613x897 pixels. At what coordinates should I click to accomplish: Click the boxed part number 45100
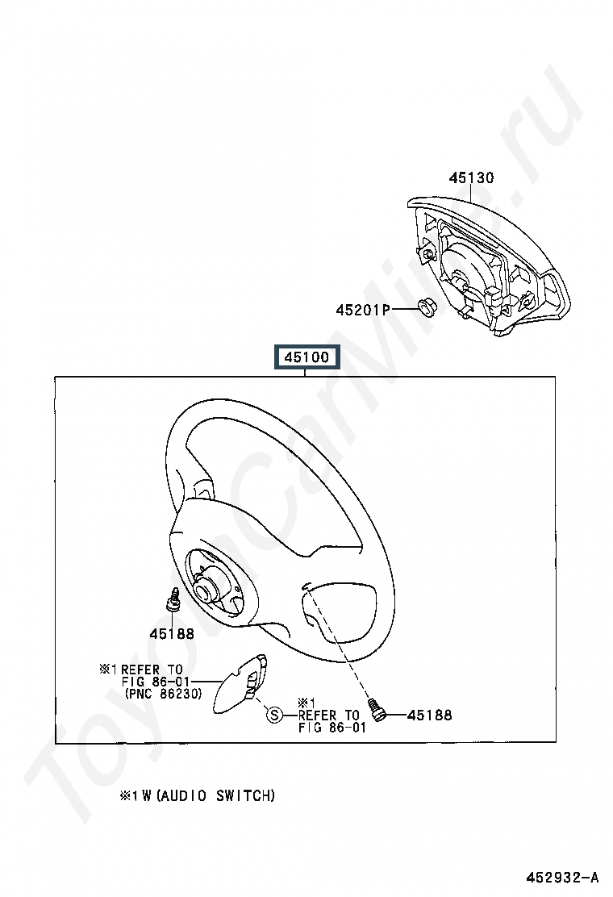click(x=305, y=357)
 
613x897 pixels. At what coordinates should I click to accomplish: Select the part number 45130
click(x=471, y=178)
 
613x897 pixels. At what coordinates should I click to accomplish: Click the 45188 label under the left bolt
click(x=171, y=633)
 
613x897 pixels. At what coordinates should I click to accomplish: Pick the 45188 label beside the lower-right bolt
click(x=429, y=715)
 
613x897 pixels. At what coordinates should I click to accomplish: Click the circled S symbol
click(x=274, y=714)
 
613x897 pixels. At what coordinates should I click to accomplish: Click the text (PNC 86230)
click(x=163, y=693)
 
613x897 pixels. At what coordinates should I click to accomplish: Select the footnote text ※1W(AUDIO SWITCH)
click(x=198, y=795)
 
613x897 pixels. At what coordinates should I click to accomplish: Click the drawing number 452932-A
click(x=563, y=877)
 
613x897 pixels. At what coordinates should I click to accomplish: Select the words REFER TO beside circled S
click(x=328, y=715)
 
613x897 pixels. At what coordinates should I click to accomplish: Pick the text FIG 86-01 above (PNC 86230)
click(x=155, y=681)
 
